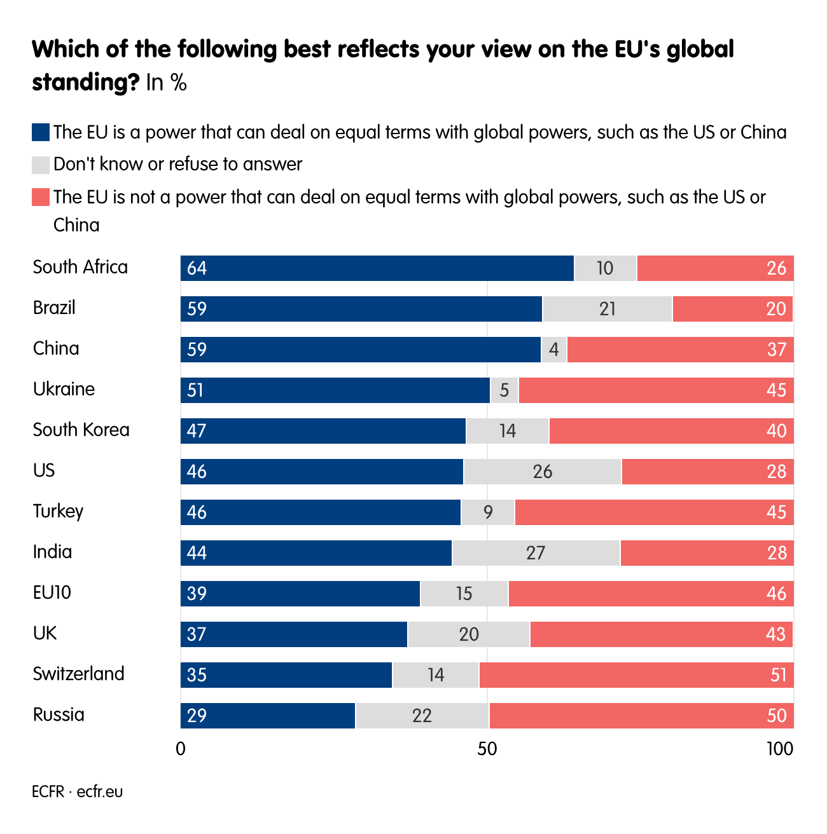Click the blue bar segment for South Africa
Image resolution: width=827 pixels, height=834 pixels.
point(377,268)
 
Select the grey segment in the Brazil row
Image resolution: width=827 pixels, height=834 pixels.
point(607,309)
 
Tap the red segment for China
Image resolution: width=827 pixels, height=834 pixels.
point(680,350)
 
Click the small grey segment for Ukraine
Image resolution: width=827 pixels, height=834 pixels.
point(504,390)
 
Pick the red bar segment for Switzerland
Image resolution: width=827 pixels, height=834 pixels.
point(636,675)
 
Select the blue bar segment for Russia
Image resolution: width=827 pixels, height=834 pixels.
point(268,716)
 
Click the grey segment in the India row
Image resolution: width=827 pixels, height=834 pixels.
point(536,553)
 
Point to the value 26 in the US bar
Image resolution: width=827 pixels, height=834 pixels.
point(543,472)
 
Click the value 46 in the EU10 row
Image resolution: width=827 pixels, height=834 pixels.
point(776,594)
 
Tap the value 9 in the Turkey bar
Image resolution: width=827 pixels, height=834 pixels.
point(488,512)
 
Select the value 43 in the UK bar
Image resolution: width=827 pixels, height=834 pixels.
point(776,634)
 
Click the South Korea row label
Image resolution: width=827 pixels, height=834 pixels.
point(81,430)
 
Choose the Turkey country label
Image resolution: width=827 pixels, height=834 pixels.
point(58,511)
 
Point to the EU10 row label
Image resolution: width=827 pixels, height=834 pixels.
point(52,592)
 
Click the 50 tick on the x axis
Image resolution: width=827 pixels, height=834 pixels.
point(487,749)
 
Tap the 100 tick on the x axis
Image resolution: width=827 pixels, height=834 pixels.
point(780,749)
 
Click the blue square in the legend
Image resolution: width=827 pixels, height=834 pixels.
point(40,132)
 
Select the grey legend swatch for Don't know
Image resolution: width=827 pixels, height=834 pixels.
point(40,165)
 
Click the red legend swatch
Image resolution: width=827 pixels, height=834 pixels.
point(40,197)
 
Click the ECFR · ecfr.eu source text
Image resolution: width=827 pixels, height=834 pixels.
point(77,792)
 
